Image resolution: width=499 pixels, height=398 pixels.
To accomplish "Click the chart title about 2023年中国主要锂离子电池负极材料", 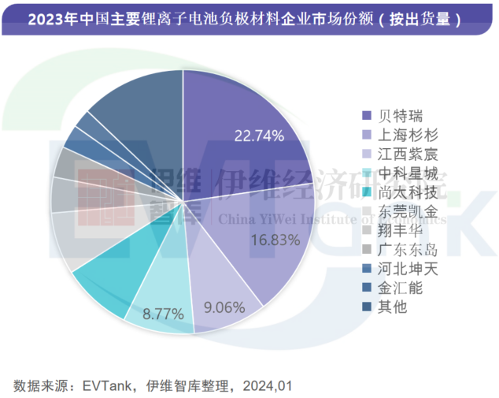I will coord(245,18).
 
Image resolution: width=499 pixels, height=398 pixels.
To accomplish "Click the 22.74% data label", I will coord(258,136).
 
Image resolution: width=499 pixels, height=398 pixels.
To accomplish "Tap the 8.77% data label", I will coord(164,313).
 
